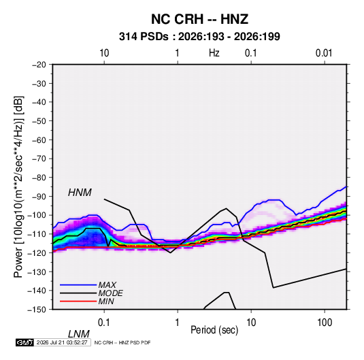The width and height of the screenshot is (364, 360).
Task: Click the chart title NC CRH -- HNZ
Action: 199,19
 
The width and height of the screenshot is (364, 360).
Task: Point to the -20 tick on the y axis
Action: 39,65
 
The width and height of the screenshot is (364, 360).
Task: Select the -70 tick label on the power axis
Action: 39,159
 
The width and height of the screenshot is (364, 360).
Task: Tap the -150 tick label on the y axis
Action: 37,310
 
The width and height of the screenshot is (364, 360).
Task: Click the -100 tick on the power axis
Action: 37,215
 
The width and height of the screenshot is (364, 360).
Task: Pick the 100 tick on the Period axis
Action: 325,323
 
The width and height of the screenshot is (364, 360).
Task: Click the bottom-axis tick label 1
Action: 178,323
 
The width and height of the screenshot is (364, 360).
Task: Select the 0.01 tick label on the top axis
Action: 324,53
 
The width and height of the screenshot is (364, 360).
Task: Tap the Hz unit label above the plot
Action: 214,53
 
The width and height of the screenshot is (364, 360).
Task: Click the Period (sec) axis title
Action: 214,330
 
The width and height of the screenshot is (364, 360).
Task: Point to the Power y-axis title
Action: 18,187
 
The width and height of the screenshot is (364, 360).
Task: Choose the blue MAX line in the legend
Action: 78,285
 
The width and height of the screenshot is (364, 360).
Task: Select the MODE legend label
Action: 110,293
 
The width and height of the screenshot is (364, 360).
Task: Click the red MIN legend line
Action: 78,301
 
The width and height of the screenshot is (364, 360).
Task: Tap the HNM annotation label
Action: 80,193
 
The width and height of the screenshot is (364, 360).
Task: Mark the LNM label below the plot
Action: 79,334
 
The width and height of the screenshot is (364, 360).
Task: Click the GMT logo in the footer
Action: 24,342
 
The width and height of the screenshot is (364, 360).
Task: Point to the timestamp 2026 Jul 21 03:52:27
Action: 62,342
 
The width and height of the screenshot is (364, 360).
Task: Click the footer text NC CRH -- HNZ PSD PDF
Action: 122,342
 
